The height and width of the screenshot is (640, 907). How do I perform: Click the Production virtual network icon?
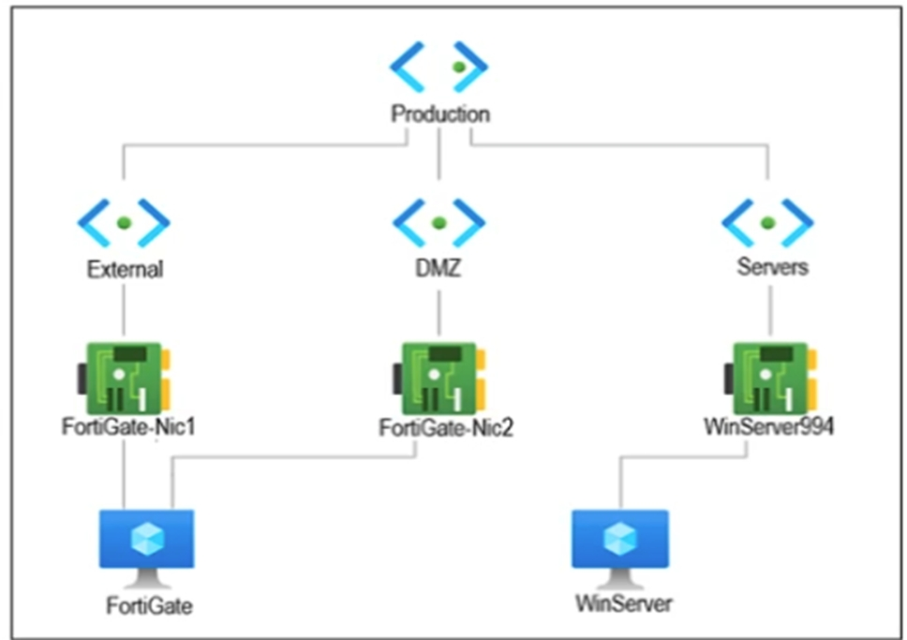[x=439, y=68]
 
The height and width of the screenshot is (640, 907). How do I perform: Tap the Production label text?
[x=439, y=115]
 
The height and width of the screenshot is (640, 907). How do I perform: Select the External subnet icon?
[x=124, y=223]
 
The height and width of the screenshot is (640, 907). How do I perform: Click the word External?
[x=125, y=270]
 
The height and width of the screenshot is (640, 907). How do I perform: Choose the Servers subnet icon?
[x=767, y=223]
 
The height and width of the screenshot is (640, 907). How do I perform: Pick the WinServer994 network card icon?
[x=768, y=375]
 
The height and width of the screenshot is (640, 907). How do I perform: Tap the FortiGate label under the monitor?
[x=149, y=606]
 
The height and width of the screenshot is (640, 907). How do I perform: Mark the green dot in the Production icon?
[x=457, y=67]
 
